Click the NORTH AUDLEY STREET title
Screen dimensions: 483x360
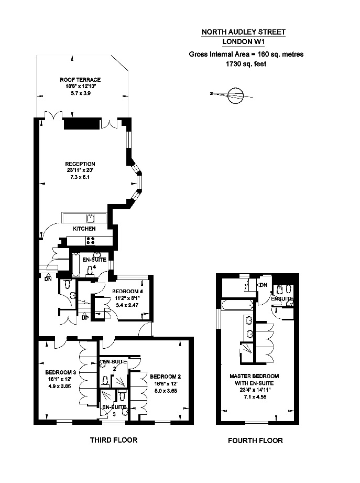pyautogui.click(x=244, y=32)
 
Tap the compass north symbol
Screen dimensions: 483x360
pyautogui.click(x=235, y=94)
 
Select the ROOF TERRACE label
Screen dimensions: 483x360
pyautogui.click(x=80, y=80)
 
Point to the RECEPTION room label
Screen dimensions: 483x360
pyautogui.click(x=80, y=164)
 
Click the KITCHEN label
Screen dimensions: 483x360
pyautogui.click(x=84, y=229)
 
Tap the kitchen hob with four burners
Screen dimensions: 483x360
pyautogui.click(x=90, y=241)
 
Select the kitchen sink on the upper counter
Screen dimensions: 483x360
pyautogui.click(x=91, y=218)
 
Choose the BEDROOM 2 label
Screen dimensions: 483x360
pyautogui.click(x=165, y=377)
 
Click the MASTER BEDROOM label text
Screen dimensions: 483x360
pyautogui.click(x=254, y=376)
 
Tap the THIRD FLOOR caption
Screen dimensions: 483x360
pyautogui.click(x=114, y=440)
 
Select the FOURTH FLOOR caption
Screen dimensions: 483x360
pyautogui.click(x=255, y=441)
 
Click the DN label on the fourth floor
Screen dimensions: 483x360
pyautogui.click(x=264, y=285)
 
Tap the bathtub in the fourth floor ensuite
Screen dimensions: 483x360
pyautogui.click(x=237, y=305)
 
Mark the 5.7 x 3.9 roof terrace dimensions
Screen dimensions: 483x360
pyautogui.click(x=80, y=93)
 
